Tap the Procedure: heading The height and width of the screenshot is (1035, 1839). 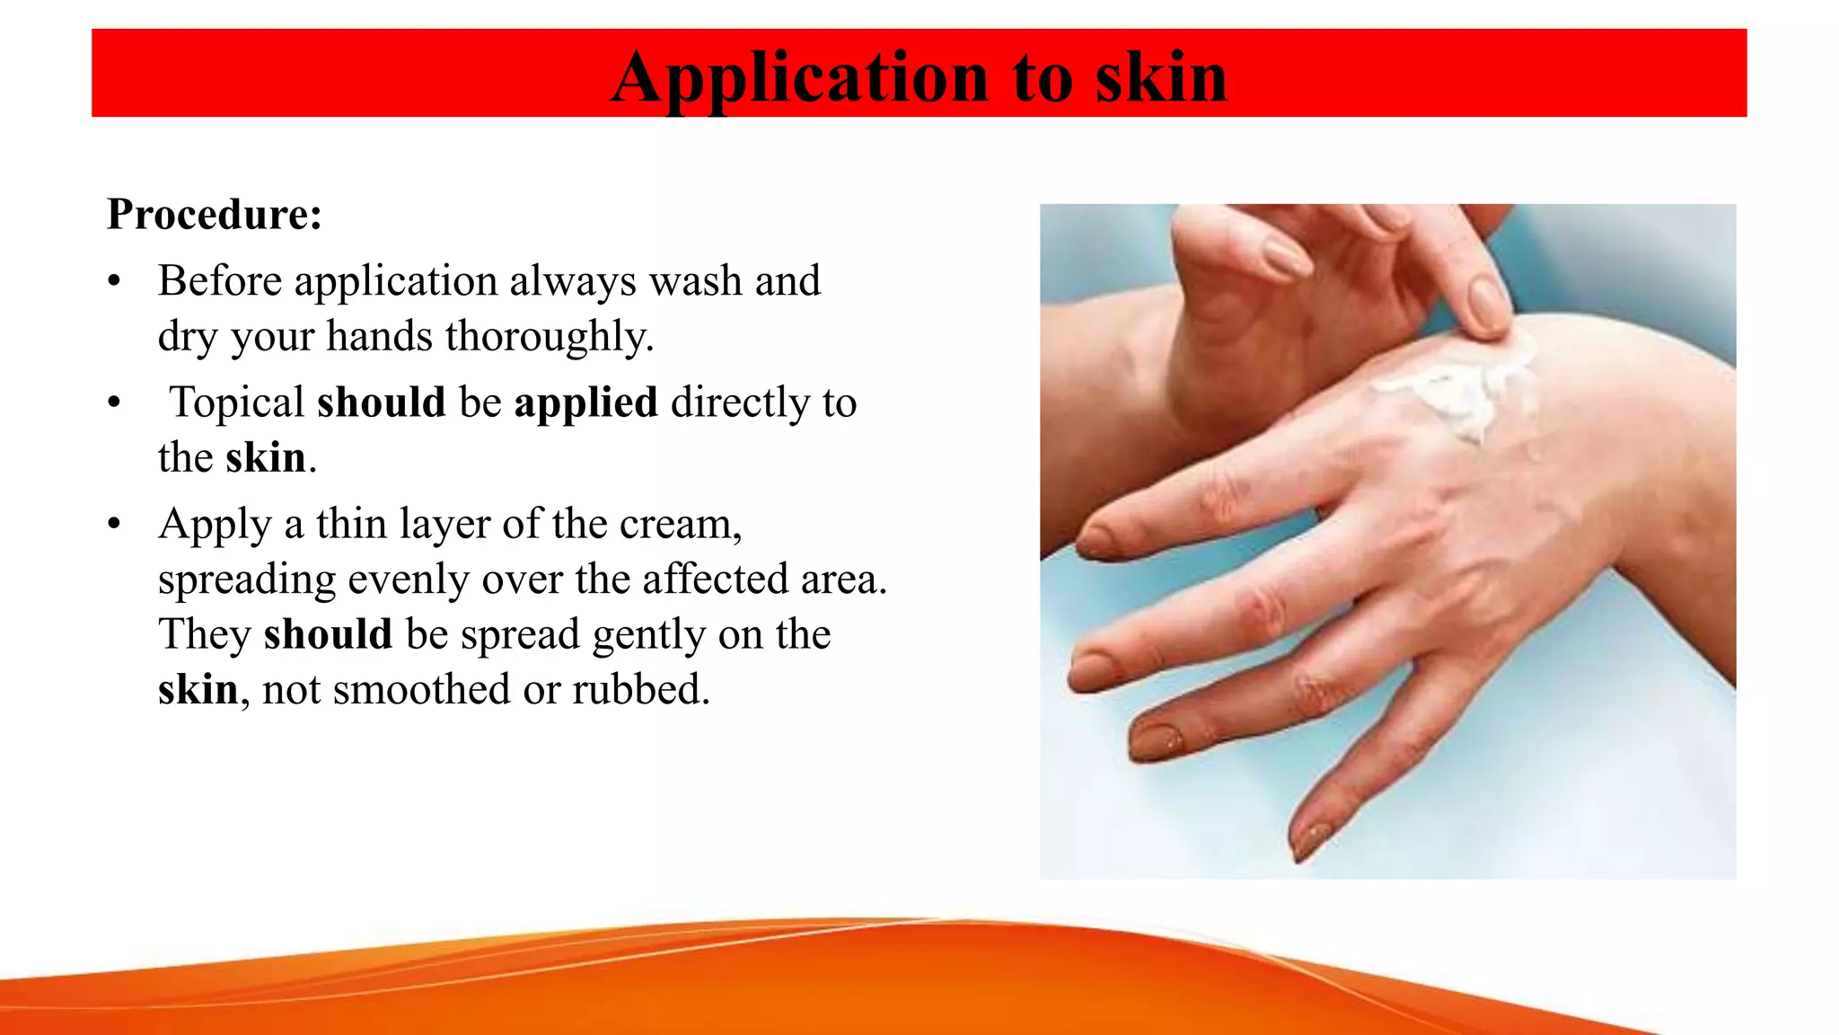coord(214,215)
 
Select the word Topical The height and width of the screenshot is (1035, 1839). coord(238,402)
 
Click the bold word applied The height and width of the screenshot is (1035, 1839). coord(585,403)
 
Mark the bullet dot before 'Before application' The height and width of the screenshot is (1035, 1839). coord(114,281)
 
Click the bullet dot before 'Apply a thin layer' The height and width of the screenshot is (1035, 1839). coord(114,524)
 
